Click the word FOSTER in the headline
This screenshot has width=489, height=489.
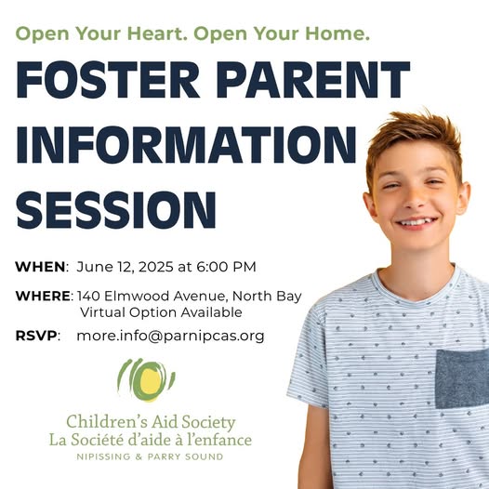[x=108, y=80]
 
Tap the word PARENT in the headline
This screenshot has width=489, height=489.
[x=313, y=80]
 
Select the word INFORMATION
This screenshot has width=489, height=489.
[x=186, y=145]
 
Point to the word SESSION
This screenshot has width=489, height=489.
[x=116, y=210]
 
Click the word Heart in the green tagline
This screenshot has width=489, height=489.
[x=155, y=33]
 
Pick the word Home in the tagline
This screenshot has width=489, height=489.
[x=337, y=33]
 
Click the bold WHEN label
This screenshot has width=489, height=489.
[x=40, y=267]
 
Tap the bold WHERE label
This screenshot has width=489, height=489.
[x=43, y=296]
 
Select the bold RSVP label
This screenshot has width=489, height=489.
[x=36, y=336]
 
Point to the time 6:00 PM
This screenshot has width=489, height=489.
[x=226, y=267]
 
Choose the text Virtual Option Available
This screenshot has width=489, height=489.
[x=161, y=312]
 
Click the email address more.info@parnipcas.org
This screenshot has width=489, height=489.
[x=170, y=336]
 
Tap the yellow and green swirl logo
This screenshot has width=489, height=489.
[x=146, y=379]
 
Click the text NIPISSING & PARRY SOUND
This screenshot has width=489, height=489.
[x=150, y=456]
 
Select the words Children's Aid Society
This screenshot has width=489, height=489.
[x=151, y=422]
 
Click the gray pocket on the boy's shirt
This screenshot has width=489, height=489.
[x=462, y=379]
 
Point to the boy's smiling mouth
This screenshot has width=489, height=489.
[x=416, y=223]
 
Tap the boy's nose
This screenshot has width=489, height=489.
[x=415, y=200]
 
